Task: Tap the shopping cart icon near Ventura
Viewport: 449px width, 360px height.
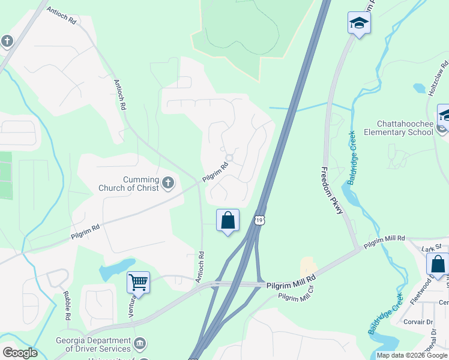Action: [x=138, y=281]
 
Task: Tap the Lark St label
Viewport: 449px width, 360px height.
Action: [x=431, y=248]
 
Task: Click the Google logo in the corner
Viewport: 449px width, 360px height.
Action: [x=19, y=353]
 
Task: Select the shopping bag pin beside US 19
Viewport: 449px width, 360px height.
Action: [x=228, y=220]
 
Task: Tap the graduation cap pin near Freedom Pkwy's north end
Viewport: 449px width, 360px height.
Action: [x=359, y=23]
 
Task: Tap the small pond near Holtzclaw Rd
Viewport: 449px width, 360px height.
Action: [x=420, y=89]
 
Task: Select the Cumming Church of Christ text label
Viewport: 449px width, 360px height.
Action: [x=131, y=184]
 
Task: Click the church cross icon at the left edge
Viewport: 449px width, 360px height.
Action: [x=7, y=41]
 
